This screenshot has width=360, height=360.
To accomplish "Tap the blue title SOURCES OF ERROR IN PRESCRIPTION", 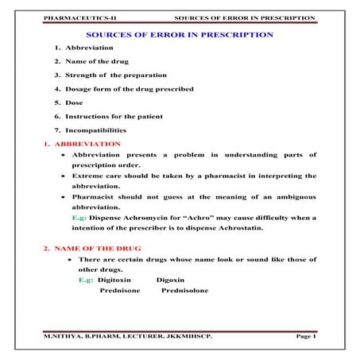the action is click(x=180, y=36).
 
